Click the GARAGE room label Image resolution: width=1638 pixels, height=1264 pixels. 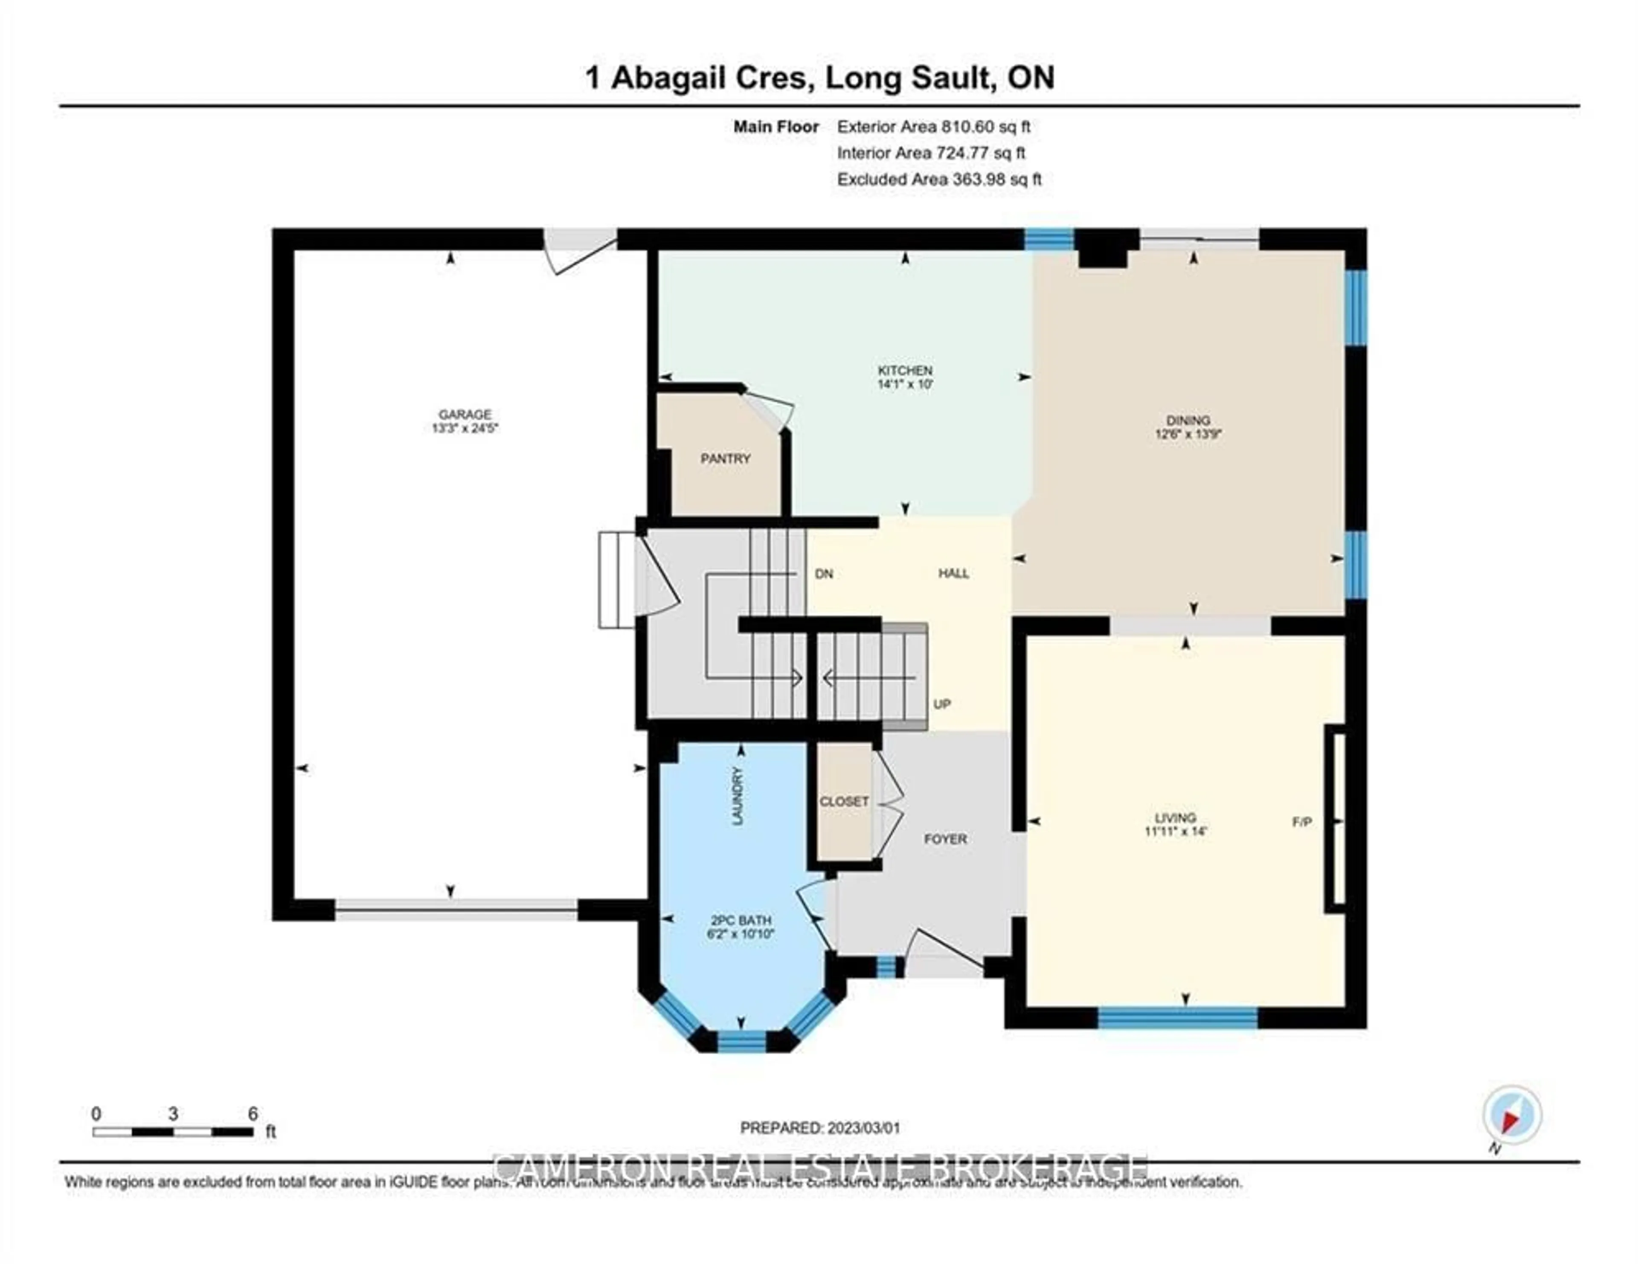tap(465, 414)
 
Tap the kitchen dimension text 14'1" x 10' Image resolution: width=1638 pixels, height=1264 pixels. tap(905, 384)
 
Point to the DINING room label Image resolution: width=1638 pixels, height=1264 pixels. tap(1188, 420)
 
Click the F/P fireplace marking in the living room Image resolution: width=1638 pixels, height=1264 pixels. tap(1302, 822)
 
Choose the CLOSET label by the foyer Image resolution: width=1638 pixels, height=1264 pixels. tap(844, 801)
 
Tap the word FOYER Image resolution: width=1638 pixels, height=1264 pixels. tap(945, 839)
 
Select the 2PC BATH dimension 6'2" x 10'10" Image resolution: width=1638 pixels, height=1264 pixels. tap(740, 934)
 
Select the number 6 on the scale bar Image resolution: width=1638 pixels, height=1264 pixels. tap(253, 1113)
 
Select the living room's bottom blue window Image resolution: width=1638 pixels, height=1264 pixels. tap(1177, 1018)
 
